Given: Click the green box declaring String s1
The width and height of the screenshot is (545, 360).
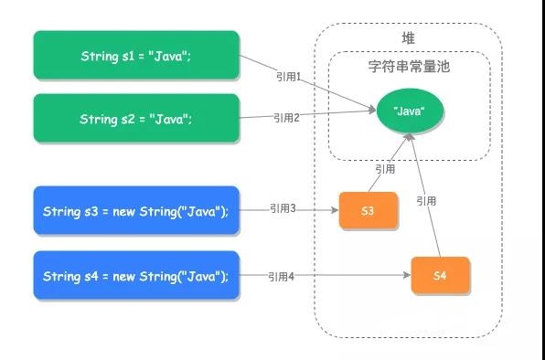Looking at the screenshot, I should coord(136,56).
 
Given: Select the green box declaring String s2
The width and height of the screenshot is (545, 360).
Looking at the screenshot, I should coord(136,119).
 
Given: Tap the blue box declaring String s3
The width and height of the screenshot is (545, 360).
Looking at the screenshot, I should coord(136,211).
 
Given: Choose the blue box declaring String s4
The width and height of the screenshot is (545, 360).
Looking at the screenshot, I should coord(136,275).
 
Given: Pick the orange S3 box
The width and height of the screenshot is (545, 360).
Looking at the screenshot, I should coord(368,211).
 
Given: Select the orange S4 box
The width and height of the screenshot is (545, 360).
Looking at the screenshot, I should coord(440,275).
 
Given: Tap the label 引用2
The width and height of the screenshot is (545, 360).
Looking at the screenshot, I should coord(286,117).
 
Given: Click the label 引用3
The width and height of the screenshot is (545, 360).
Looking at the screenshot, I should coord(283,209).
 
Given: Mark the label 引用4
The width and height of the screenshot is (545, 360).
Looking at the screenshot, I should coord(282,274).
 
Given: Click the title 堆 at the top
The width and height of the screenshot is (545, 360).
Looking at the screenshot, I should coord(408,37).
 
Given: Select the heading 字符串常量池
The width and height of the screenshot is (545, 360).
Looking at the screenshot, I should coord(408,68).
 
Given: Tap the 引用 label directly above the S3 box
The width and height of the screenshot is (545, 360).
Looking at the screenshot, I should coord(384,169).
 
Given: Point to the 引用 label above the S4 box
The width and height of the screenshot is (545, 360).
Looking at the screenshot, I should coord(427,200).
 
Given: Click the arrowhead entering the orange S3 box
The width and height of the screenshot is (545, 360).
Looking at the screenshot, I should coord(335,211).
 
